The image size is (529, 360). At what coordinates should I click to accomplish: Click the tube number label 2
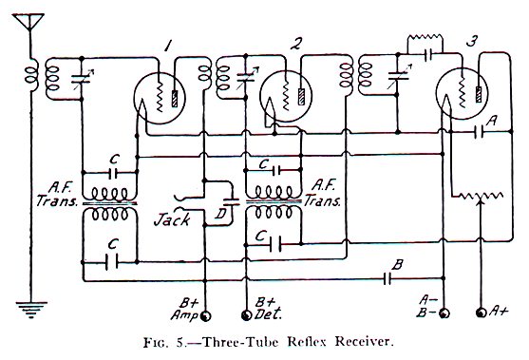point(297,43)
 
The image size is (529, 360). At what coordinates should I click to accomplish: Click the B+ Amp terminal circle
point(202,312)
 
